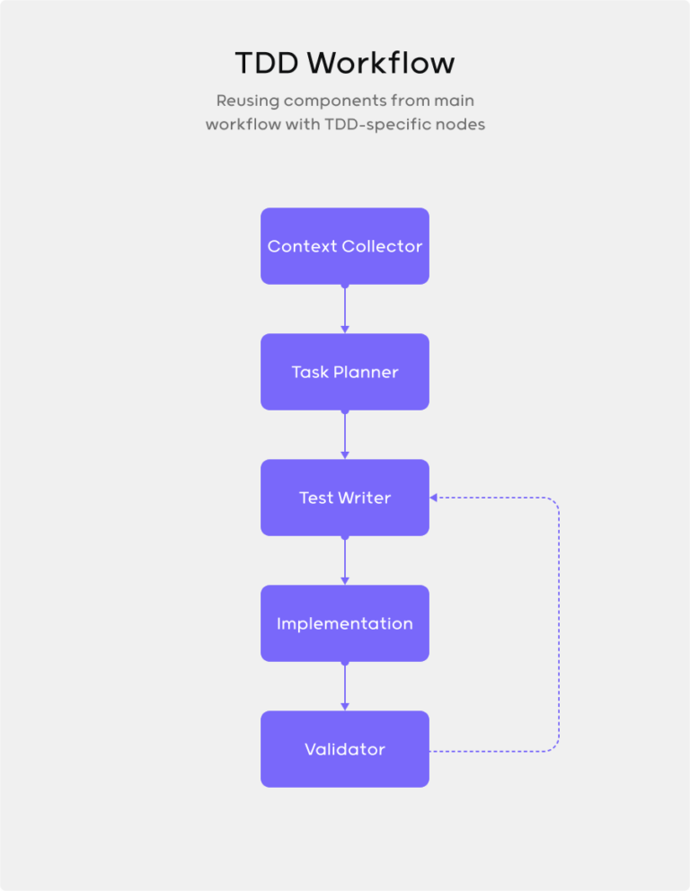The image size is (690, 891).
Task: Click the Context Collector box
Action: [x=344, y=246]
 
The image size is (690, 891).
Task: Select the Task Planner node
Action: [x=344, y=372]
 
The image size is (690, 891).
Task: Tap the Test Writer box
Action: [x=344, y=498]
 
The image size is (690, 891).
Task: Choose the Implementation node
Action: [x=344, y=623]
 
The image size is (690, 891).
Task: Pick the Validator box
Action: [x=344, y=749]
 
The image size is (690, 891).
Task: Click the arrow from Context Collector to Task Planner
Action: [x=344, y=309]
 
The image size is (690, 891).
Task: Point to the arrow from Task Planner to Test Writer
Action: [x=344, y=435]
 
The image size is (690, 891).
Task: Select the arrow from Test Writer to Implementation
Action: [x=344, y=560]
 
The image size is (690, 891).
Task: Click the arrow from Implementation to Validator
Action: [x=344, y=686]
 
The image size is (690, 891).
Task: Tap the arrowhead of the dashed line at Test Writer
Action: [x=434, y=498]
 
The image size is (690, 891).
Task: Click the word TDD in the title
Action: [x=266, y=64]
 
